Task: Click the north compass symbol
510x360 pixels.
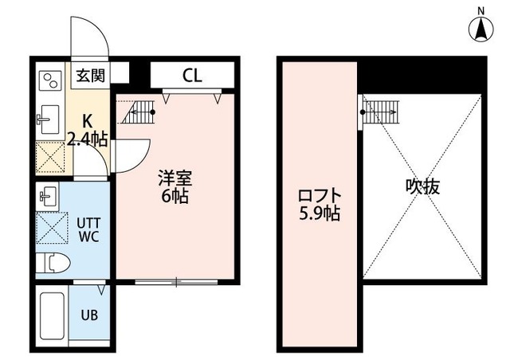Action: (481, 27)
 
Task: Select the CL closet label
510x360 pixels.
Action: (191, 76)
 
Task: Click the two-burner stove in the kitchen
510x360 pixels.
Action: (51, 81)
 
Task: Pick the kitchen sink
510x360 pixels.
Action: (46, 120)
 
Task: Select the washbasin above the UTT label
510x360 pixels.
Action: (45, 194)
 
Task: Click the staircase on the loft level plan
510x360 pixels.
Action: (381, 112)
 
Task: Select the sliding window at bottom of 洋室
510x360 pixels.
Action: (177, 281)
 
